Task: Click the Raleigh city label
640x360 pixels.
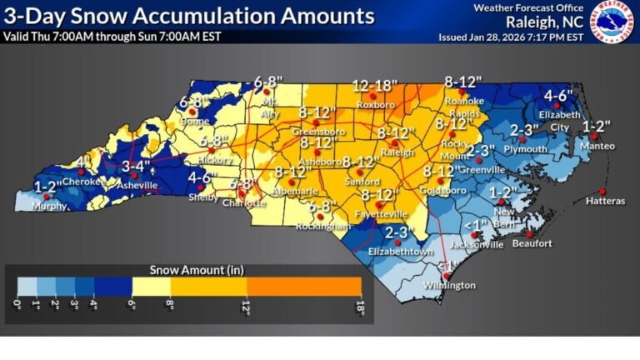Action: click(x=392, y=152)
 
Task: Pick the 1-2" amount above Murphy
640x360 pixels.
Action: click(x=47, y=186)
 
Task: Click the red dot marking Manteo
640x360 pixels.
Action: click(x=594, y=137)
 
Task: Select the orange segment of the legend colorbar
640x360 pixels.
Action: click(x=303, y=286)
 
